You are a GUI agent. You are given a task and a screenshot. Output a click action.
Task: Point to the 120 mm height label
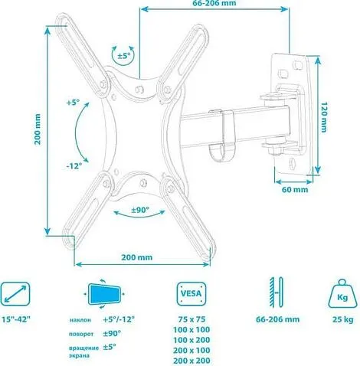pyautogui.click(x=325, y=115)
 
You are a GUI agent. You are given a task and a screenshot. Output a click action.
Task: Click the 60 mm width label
pyautogui.click(x=294, y=188)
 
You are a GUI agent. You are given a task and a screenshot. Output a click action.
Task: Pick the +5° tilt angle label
pyautogui.click(x=74, y=103)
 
